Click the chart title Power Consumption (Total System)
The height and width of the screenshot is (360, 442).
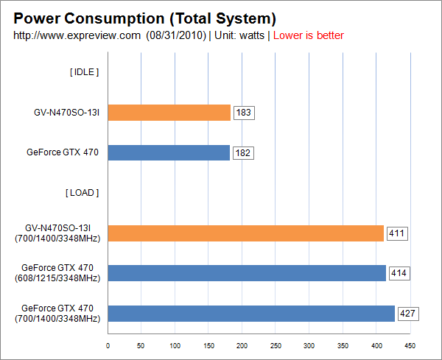tap(145, 18)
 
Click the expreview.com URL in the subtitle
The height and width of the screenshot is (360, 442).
tap(77, 35)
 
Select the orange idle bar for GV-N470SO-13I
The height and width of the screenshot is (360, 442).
tap(169, 112)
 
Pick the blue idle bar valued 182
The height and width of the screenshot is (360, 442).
tap(169, 152)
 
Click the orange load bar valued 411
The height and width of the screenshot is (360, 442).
tap(245, 233)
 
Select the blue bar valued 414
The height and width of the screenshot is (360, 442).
tap(247, 273)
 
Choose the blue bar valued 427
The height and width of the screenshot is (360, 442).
tap(251, 313)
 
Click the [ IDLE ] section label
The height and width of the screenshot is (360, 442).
tap(84, 72)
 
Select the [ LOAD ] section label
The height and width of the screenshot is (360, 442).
tap(83, 193)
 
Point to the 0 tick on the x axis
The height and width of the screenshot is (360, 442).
tap(108, 345)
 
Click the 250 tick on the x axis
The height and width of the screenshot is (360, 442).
tap(276, 345)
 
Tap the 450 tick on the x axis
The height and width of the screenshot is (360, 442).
tap(410, 345)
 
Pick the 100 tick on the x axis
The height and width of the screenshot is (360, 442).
tap(175, 345)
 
